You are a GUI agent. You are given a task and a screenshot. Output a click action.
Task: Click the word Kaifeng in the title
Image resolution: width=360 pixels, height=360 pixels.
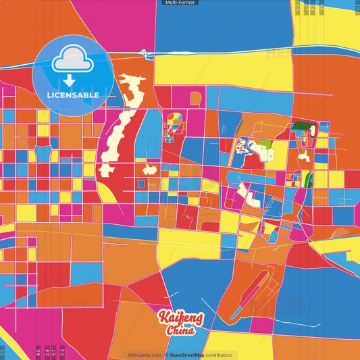pos(177,317)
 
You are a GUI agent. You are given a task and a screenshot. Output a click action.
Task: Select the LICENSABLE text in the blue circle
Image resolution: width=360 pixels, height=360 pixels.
pos(73,95)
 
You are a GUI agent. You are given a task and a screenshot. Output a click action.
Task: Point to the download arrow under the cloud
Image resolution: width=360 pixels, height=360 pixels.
pos(68,80)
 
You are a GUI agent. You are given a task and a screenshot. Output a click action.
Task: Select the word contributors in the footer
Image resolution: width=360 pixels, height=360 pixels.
pos(218,355)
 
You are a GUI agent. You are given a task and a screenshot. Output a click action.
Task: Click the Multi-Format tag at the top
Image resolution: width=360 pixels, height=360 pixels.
pos(180,3)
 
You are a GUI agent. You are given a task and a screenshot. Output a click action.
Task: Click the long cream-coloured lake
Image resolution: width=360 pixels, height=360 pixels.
pos(122,122)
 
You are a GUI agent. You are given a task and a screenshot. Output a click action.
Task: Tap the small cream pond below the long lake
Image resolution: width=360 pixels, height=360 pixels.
pos(149,170)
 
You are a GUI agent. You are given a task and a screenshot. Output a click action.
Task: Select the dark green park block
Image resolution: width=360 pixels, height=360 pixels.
pos(301,128)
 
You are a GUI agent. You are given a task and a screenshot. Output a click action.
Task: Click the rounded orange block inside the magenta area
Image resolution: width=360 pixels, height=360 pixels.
pos(196,99)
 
